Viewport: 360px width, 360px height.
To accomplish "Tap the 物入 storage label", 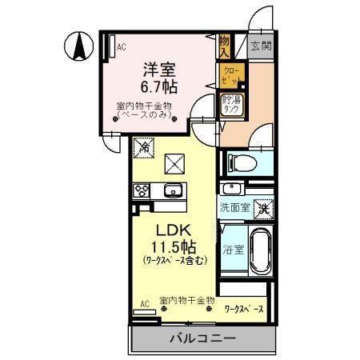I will click(x=225, y=46).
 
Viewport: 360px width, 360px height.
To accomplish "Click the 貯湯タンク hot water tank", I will click(x=232, y=106).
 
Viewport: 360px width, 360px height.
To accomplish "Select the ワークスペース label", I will click(x=245, y=306).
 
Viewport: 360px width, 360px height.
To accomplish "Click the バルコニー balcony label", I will click(x=202, y=338).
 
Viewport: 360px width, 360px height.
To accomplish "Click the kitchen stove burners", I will click(x=142, y=190).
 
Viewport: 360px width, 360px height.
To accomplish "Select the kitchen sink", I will click(x=173, y=191).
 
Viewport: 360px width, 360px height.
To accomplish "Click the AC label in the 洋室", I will click(x=122, y=47).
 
